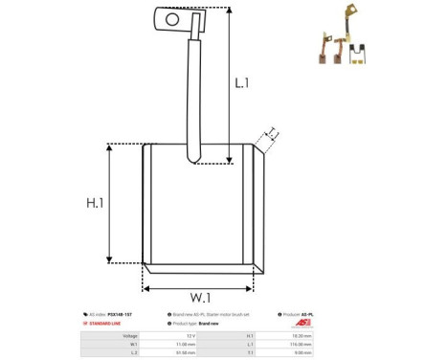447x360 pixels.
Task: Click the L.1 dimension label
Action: coord(242,83)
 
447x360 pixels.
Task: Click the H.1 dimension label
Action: coord(95,203)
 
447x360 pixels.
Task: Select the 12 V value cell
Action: coord(190,336)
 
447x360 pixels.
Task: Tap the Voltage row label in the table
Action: coord(129,336)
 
